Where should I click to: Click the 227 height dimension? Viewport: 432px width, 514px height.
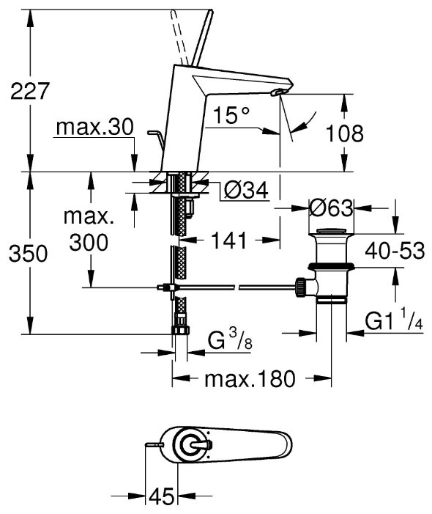point(30,91)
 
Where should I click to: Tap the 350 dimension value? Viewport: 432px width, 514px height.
point(29,254)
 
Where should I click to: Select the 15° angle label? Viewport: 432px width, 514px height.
point(231,114)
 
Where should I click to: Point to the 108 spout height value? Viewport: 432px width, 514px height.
point(345,133)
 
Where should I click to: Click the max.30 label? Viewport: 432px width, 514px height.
point(95,127)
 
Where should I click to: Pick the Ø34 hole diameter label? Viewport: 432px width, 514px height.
point(246,189)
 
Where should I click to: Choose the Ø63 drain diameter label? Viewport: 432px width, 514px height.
point(331,208)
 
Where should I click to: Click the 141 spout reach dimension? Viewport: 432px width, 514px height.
point(228,241)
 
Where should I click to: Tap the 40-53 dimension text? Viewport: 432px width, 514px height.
point(395,251)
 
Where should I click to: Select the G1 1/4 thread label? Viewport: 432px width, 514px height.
point(394,321)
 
